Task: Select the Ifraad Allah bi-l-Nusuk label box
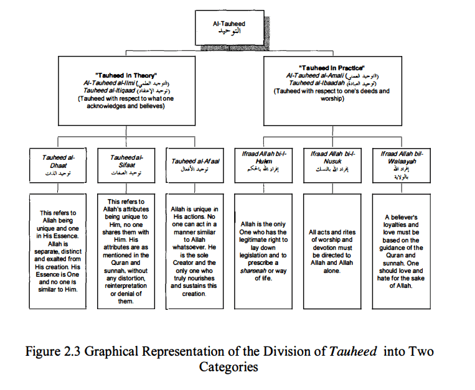pyautogui.click(x=331, y=164)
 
